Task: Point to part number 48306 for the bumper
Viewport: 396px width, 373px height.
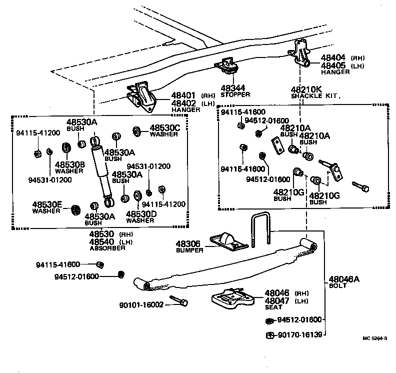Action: click(188, 243)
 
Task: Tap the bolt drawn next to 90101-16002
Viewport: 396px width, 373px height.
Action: click(178, 301)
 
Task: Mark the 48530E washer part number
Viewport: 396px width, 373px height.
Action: click(47, 204)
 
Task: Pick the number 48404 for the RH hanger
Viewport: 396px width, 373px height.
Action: click(334, 58)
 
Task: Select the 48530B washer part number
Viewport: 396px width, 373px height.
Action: click(69, 164)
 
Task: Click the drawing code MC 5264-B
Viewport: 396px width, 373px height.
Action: click(375, 352)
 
